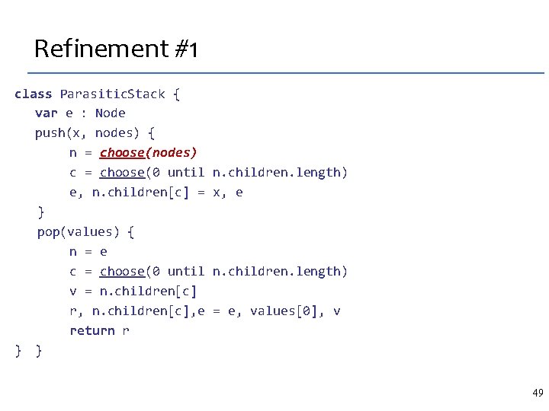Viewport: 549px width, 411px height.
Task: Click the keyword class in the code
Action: (33, 94)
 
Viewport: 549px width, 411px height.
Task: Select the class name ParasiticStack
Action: (112, 94)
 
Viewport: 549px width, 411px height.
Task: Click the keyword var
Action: (46, 113)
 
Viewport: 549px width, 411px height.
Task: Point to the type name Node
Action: (111, 113)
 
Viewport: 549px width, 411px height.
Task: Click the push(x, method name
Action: (61, 132)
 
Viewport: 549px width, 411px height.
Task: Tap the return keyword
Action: (92, 330)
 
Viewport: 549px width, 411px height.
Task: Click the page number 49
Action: (538, 393)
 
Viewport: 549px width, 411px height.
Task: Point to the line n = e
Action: (88, 251)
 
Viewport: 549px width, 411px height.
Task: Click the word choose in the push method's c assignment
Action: (122, 172)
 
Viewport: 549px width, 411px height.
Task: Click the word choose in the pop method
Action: (122, 271)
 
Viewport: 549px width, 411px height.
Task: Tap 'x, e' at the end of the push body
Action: (228, 192)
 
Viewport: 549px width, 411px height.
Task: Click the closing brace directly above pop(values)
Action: (40, 212)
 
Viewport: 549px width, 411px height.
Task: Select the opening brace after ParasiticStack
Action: (176, 94)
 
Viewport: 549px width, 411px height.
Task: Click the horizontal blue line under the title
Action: (286, 73)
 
